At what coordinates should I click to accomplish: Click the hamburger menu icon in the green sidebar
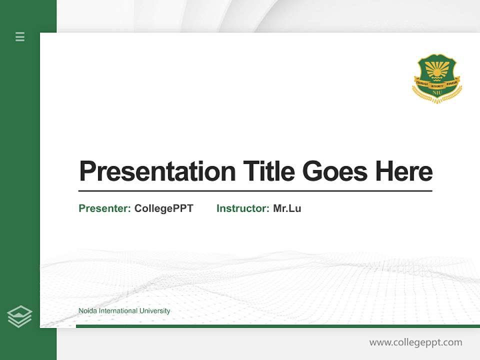[20, 36]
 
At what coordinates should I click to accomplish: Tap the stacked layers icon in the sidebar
[19, 316]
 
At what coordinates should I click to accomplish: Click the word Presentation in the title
[157, 171]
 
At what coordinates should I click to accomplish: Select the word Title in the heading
[268, 171]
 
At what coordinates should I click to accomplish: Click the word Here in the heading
[404, 171]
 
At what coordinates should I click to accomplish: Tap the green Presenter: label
[104, 208]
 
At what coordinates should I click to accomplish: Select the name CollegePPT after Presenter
[163, 208]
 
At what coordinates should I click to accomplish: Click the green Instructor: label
[242, 208]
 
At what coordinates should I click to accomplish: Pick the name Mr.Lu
[287, 208]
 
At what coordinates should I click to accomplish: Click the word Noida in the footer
[87, 311]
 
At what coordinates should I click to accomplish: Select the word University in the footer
[154, 311]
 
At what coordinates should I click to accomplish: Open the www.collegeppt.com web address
[415, 342]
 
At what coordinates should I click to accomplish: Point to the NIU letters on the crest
[437, 92]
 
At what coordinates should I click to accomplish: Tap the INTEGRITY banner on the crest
[437, 85]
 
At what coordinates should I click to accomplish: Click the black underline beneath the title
[255, 191]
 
